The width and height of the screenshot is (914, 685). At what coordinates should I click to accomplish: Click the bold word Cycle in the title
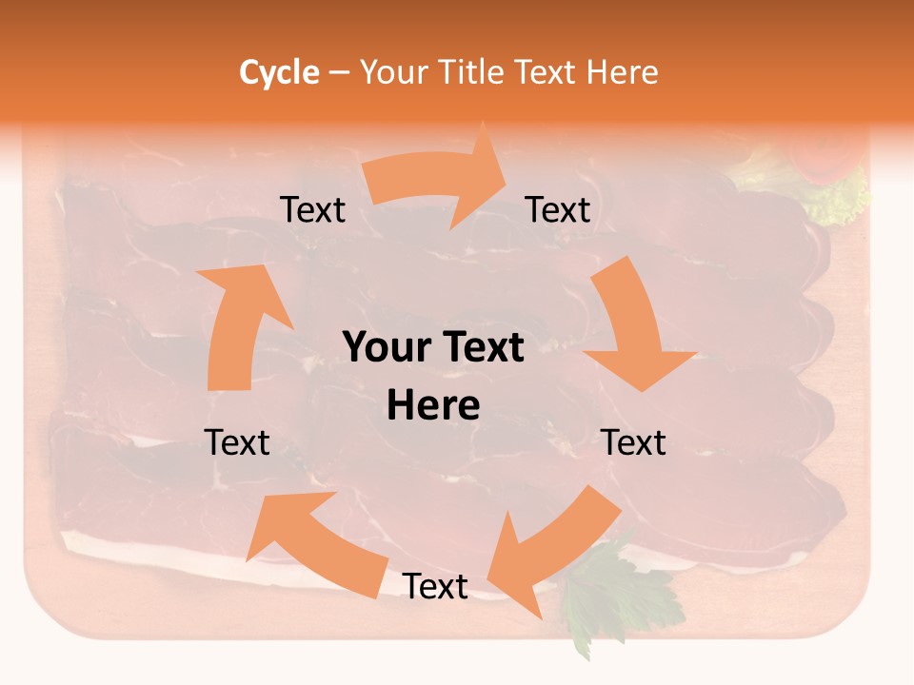tap(279, 72)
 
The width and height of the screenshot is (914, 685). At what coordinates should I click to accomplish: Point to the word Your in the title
tap(393, 72)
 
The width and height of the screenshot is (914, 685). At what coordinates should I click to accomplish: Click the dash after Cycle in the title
tap(339, 72)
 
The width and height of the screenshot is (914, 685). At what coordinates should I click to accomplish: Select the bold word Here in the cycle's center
tap(433, 405)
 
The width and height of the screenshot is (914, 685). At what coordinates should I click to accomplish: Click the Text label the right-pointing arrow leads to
tap(558, 209)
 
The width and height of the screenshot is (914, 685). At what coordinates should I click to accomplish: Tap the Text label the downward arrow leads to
tap(634, 442)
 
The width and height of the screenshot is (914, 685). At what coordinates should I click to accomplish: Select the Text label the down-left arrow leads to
tap(435, 586)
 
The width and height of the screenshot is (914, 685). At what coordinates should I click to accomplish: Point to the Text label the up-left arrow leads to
tap(237, 442)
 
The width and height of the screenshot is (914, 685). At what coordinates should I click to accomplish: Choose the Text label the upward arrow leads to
tap(312, 209)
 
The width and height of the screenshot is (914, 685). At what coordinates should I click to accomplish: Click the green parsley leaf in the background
tap(609, 595)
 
